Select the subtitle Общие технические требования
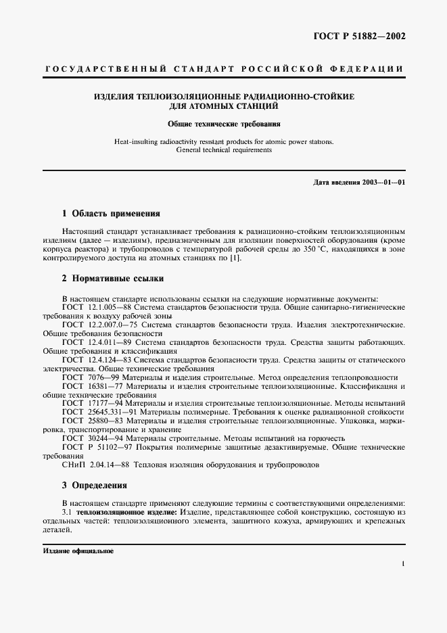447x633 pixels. [224, 124]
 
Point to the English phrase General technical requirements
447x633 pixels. [223, 150]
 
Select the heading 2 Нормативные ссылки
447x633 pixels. [112, 278]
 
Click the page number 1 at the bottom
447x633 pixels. [403, 563]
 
